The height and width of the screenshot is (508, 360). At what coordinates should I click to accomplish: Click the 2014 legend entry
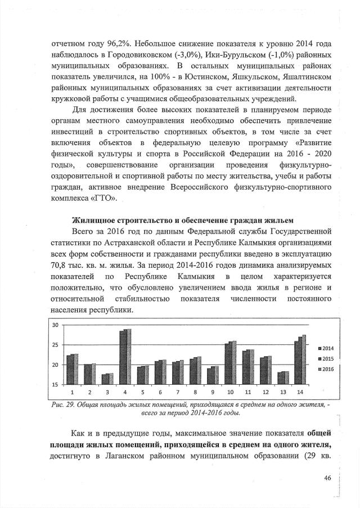(x=327, y=348)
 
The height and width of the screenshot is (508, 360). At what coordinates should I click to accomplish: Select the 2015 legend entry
(x=327, y=358)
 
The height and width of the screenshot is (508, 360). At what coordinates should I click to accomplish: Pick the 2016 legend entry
(x=327, y=368)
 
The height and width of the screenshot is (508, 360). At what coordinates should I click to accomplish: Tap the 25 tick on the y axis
(x=55, y=345)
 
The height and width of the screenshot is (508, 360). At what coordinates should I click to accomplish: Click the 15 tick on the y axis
(x=55, y=385)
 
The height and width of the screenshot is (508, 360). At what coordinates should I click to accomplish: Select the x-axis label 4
(x=125, y=391)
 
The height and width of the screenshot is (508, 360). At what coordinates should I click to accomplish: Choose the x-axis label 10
(x=230, y=391)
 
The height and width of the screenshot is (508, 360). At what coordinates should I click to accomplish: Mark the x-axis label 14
(x=300, y=391)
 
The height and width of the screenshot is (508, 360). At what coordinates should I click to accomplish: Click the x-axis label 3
(x=107, y=391)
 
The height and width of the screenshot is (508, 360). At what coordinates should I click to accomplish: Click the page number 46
(x=327, y=478)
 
